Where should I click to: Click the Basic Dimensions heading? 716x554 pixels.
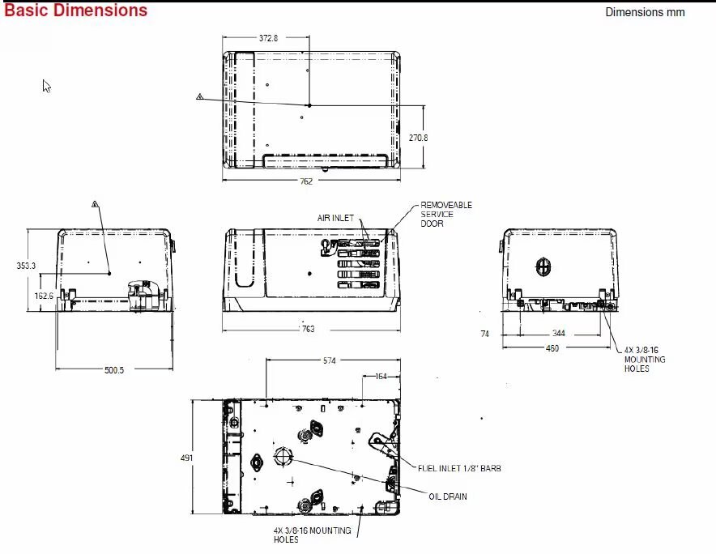click(76, 10)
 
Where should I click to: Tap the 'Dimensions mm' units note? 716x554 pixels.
click(645, 12)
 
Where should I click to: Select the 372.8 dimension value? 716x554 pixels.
click(269, 38)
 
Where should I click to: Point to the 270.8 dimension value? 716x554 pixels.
click(418, 138)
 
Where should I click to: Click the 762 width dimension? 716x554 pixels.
click(306, 181)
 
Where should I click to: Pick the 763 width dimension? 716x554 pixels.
click(309, 329)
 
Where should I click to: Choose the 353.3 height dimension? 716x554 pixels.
click(26, 266)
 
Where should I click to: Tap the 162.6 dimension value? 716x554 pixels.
click(44, 296)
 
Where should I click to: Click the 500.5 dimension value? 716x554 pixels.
click(114, 370)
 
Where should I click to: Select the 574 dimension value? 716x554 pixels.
click(329, 360)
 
